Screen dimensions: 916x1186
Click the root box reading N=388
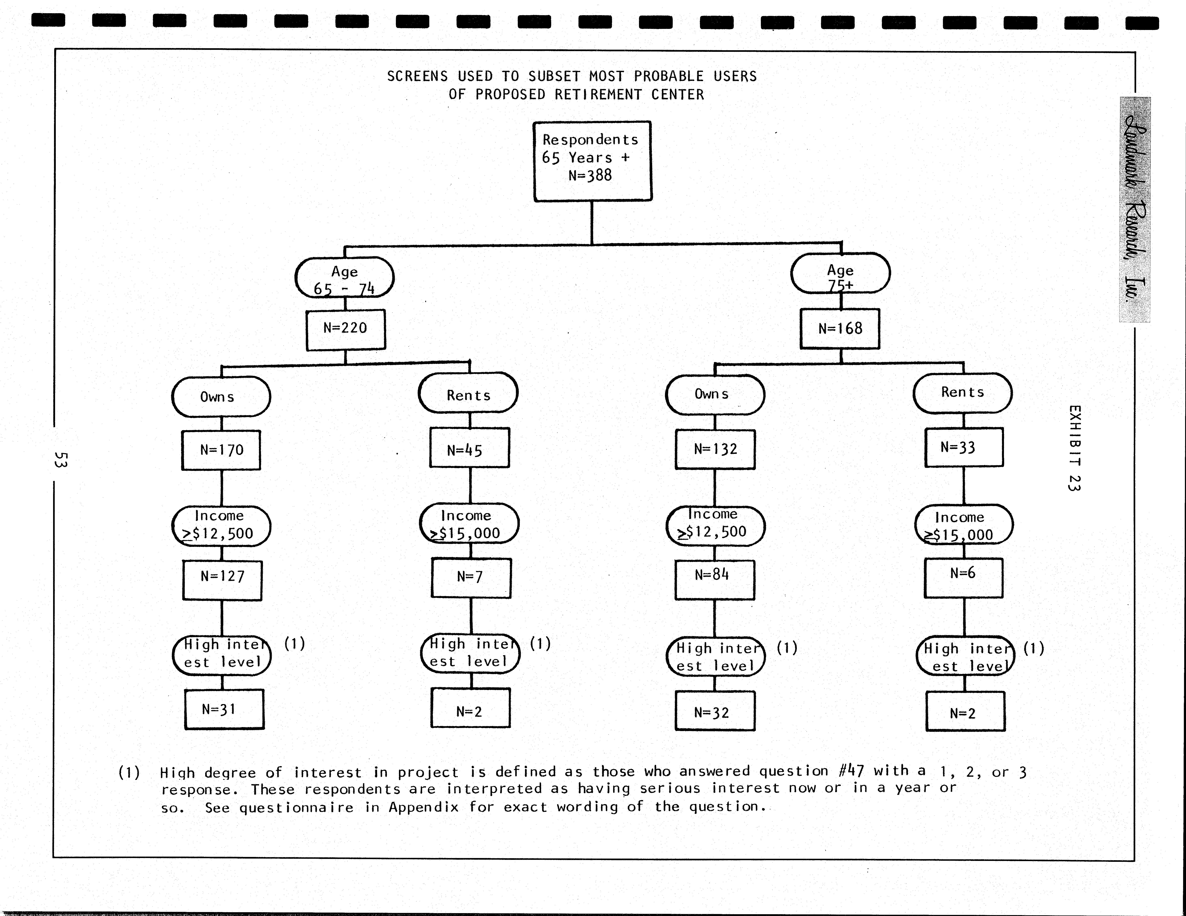tap(592, 161)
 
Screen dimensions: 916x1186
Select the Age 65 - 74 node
tap(344, 277)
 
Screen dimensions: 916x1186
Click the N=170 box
tap(222, 450)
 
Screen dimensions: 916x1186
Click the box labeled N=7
tap(471, 578)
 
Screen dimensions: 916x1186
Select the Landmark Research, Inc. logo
tap(1134, 209)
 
